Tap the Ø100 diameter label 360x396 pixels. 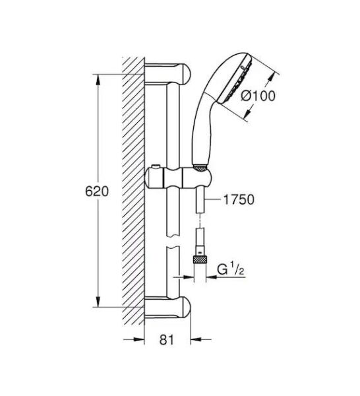click(259, 95)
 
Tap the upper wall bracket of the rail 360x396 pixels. click(168, 72)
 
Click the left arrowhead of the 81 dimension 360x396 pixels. click(139, 341)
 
